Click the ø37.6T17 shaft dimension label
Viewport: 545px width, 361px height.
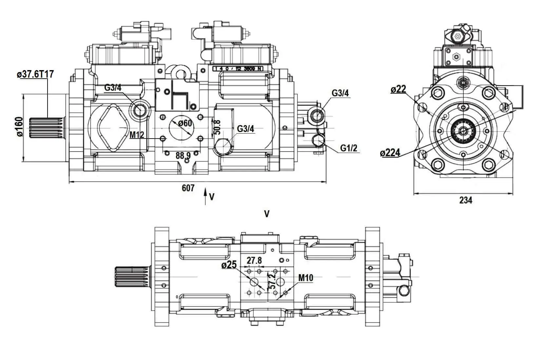pyautogui.click(x=35, y=75)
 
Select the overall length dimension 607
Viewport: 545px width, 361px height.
pyautogui.click(x=188, y=188)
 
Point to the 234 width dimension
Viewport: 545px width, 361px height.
pyautogui.click(x=466, y=200)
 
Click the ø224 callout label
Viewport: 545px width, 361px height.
pyautogui.click(x=390, y=153)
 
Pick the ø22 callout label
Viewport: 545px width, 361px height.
pyautogui.click(x=398, y=89)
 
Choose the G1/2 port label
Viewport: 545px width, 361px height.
pyautogui.click(x=348, y=148)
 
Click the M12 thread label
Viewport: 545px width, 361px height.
pyautogui.click(x=137, y=135)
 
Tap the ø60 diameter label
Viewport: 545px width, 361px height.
pyautogui.click(x=185, y=123)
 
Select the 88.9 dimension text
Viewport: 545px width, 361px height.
pyautogui.click(x=183, y=155)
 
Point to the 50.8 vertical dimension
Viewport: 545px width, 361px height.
pyautogui.click(x=217, y=127)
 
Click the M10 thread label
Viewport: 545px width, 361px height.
pyautogui.click(x=305, y=278)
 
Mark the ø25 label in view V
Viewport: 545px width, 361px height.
pyautogui.click(x=229, y=265)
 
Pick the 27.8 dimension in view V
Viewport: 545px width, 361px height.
pyautogui.click(x=254, y=260)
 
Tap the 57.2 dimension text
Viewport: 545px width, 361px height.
pyautogui.click(x=272, y=281)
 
